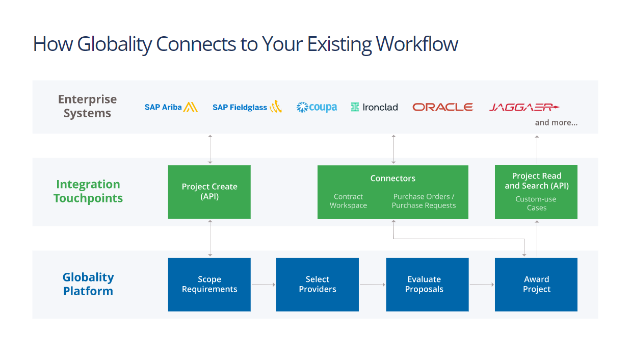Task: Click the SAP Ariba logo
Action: (x=171, y=107)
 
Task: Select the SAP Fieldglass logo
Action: (x=247, y=107)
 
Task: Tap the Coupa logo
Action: (x=317, y=107)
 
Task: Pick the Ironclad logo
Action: (x=374, y=107)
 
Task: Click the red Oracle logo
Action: (x=442, y=107)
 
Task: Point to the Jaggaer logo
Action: (x=523, y=107)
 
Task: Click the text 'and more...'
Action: (x=556, y=123)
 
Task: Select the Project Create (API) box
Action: (x=209, y=192)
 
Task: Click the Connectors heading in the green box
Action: (x=392, y=178)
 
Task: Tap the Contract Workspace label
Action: (x=348, y=201)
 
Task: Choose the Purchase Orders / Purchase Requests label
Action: (x=424, y=201)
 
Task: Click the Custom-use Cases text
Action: (x=536, y=203)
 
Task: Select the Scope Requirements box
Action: (x=209, y=285)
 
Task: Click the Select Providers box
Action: (x=318, y=285)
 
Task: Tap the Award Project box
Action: (x=536, y=285)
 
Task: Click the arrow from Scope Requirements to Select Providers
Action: (x=264, y=285)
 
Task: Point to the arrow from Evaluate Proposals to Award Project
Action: (x=482, y=285)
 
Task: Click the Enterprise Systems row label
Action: (x=87, y=106)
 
